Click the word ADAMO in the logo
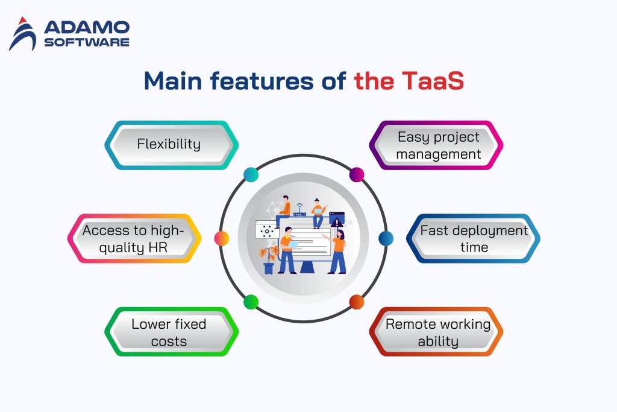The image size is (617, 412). click(86, 27)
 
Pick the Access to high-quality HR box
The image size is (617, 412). click(133, 238)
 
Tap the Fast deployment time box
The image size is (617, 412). click(474, 238)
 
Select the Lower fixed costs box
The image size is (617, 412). click(169, 332)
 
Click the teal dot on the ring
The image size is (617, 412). click(251, 175)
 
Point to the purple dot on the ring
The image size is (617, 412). click(357, 175)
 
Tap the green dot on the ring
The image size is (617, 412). click(251, 302)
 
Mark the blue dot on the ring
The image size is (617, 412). click(386, 238)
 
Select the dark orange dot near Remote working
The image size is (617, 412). click(357, 302)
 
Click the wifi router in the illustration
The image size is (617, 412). click(299, 211)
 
